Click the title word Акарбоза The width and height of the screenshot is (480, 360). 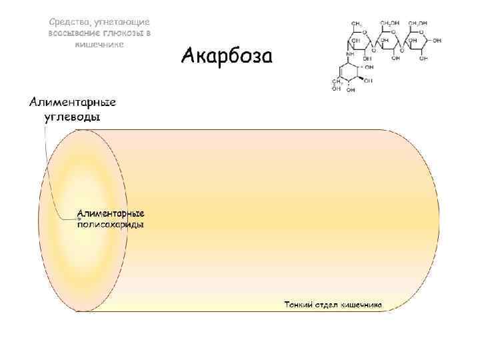coord(227,56)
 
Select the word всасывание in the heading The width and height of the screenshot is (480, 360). coord(73,33)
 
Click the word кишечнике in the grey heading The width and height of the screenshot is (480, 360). coord(99,44)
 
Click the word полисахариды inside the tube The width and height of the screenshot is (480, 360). coord(111,225)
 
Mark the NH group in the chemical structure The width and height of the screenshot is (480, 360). coord(349,55)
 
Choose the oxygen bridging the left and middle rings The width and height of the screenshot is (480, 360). coord(374,49)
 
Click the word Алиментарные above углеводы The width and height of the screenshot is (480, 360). coord(72,102)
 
